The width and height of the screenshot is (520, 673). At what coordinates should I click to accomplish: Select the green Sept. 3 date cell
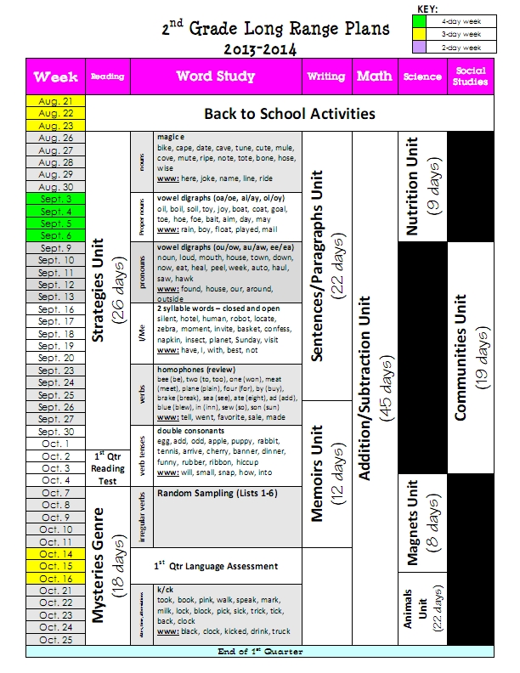[56, 199]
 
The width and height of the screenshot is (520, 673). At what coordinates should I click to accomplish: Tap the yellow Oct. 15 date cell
[56, 566]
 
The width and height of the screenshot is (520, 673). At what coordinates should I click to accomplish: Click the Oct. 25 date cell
[56, 640]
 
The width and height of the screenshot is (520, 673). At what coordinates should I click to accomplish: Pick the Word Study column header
[215, 76]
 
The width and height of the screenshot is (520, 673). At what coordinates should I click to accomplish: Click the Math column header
[374, 76]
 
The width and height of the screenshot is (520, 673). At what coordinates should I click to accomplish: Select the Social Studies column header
[471, 76]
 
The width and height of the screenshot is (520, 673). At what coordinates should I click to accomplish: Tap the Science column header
[422, 76]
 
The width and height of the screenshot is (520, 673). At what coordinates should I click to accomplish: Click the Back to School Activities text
[290, 113]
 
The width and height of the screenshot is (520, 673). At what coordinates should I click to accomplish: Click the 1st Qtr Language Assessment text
[216, 565]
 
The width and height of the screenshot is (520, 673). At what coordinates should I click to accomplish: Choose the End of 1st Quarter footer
[260, 652]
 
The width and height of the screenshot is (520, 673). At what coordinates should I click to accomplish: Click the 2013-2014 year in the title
[263, 48]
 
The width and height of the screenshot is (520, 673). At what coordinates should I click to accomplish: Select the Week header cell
[56, 76]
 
